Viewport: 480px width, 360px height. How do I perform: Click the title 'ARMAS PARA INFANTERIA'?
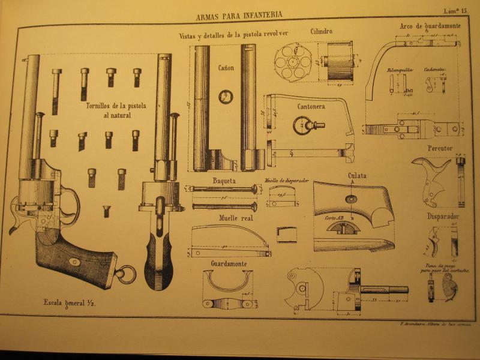tap(239, 14)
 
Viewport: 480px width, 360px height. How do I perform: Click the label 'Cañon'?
tap(226, 68)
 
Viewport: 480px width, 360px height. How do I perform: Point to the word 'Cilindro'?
tap(322, 31)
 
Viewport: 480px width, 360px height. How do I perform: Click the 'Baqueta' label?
tap(224, 180)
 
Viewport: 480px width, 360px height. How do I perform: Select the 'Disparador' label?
tap(443, 217)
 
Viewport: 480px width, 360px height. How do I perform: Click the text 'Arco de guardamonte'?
tap(429, 26)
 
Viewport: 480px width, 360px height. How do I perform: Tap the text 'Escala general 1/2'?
tap(70, 303)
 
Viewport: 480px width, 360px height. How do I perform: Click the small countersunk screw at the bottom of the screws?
tap(106, 211)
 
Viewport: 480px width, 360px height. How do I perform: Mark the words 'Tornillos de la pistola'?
tap(116, 106)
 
